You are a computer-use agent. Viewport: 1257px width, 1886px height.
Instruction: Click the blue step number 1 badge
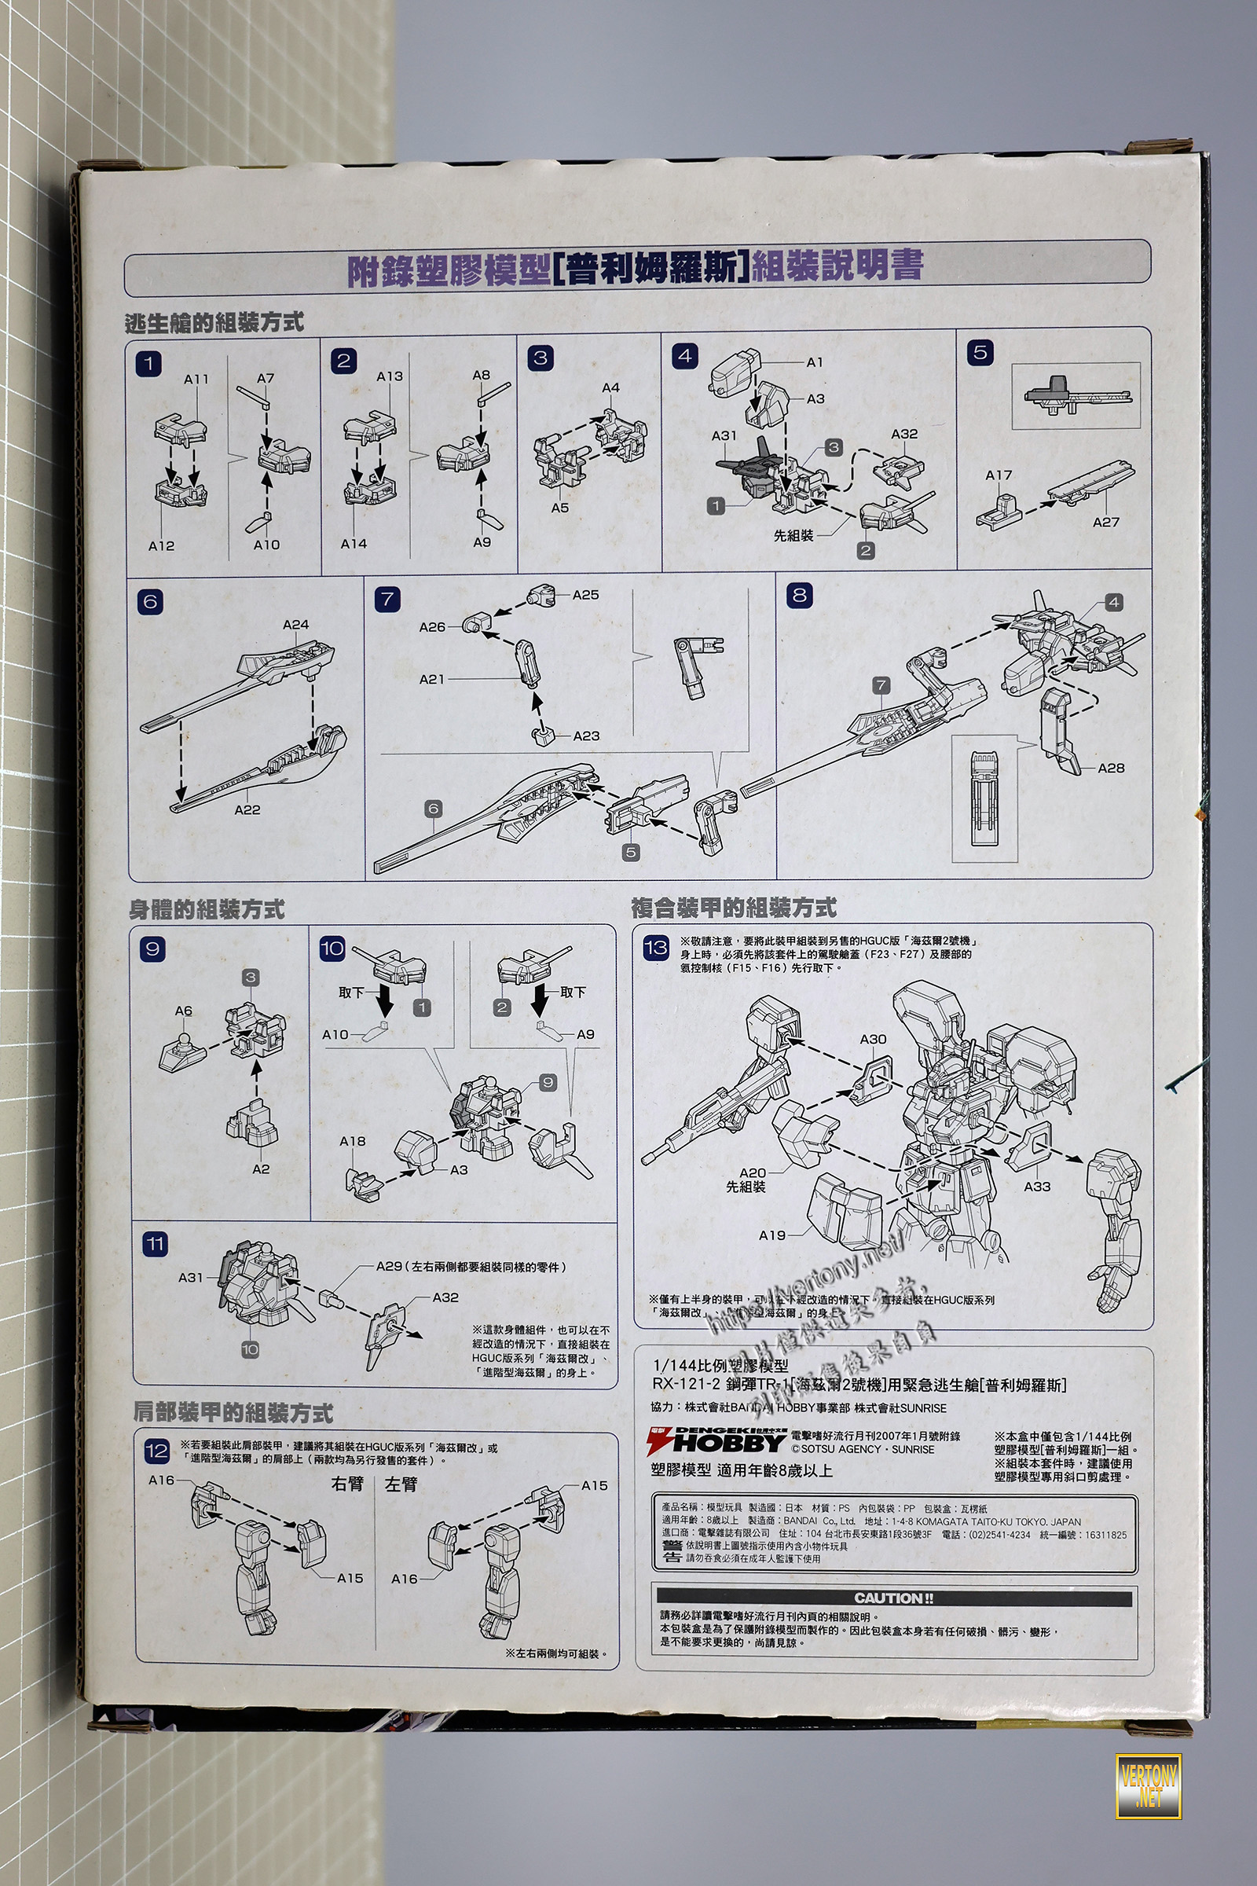pyautogui.click(x=148, y=363)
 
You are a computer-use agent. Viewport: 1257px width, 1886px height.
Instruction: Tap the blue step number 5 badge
pyautogui.click(x=980, y=352)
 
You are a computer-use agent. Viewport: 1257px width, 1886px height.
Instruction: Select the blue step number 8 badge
pyautogui.click(x=799, y=595)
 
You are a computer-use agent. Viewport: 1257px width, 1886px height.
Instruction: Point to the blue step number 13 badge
pyautogui.click(x=656, y=947)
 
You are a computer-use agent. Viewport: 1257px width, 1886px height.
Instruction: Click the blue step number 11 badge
pyautogui.click(x=155, y=1245)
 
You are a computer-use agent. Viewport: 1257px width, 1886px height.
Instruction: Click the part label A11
pyautogui.click(x=196, y=380)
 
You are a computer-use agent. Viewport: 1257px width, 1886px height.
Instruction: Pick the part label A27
pyautogui.click(x=1105, y=522)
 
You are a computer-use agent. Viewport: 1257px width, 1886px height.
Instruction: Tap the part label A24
pyautogui.click(x=295, y=625)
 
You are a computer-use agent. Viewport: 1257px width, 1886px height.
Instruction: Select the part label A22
pyautogui.click(x=247, y=810)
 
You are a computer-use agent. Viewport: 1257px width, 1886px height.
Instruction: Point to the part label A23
pyautogui.click(x=586, y=736)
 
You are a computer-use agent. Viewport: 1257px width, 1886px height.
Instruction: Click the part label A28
pyautogui.click(x=1110, y=769)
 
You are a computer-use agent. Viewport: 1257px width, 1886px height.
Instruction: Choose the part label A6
pyautogui.click(x=184, y=1011)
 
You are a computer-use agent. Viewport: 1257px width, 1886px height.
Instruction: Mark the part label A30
pyautogui.click(x=873, y=1039)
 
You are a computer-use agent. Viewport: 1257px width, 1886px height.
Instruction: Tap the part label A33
pyautogui.click(x=1036, y=1186)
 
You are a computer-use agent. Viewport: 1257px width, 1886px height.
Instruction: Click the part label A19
pyautogui.click(x=772, y=1235)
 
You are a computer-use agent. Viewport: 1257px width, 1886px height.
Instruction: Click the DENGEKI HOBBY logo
pyautogui.click(x=716, y=1441)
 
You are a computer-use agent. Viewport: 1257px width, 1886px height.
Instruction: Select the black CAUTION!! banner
pyautogui.click(x=893, y=1598)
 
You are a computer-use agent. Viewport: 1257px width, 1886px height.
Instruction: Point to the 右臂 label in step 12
pyautogui.click(x=347, y=1484)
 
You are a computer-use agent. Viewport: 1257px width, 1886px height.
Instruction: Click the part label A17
pyautogui.click(x=998, y=475)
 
